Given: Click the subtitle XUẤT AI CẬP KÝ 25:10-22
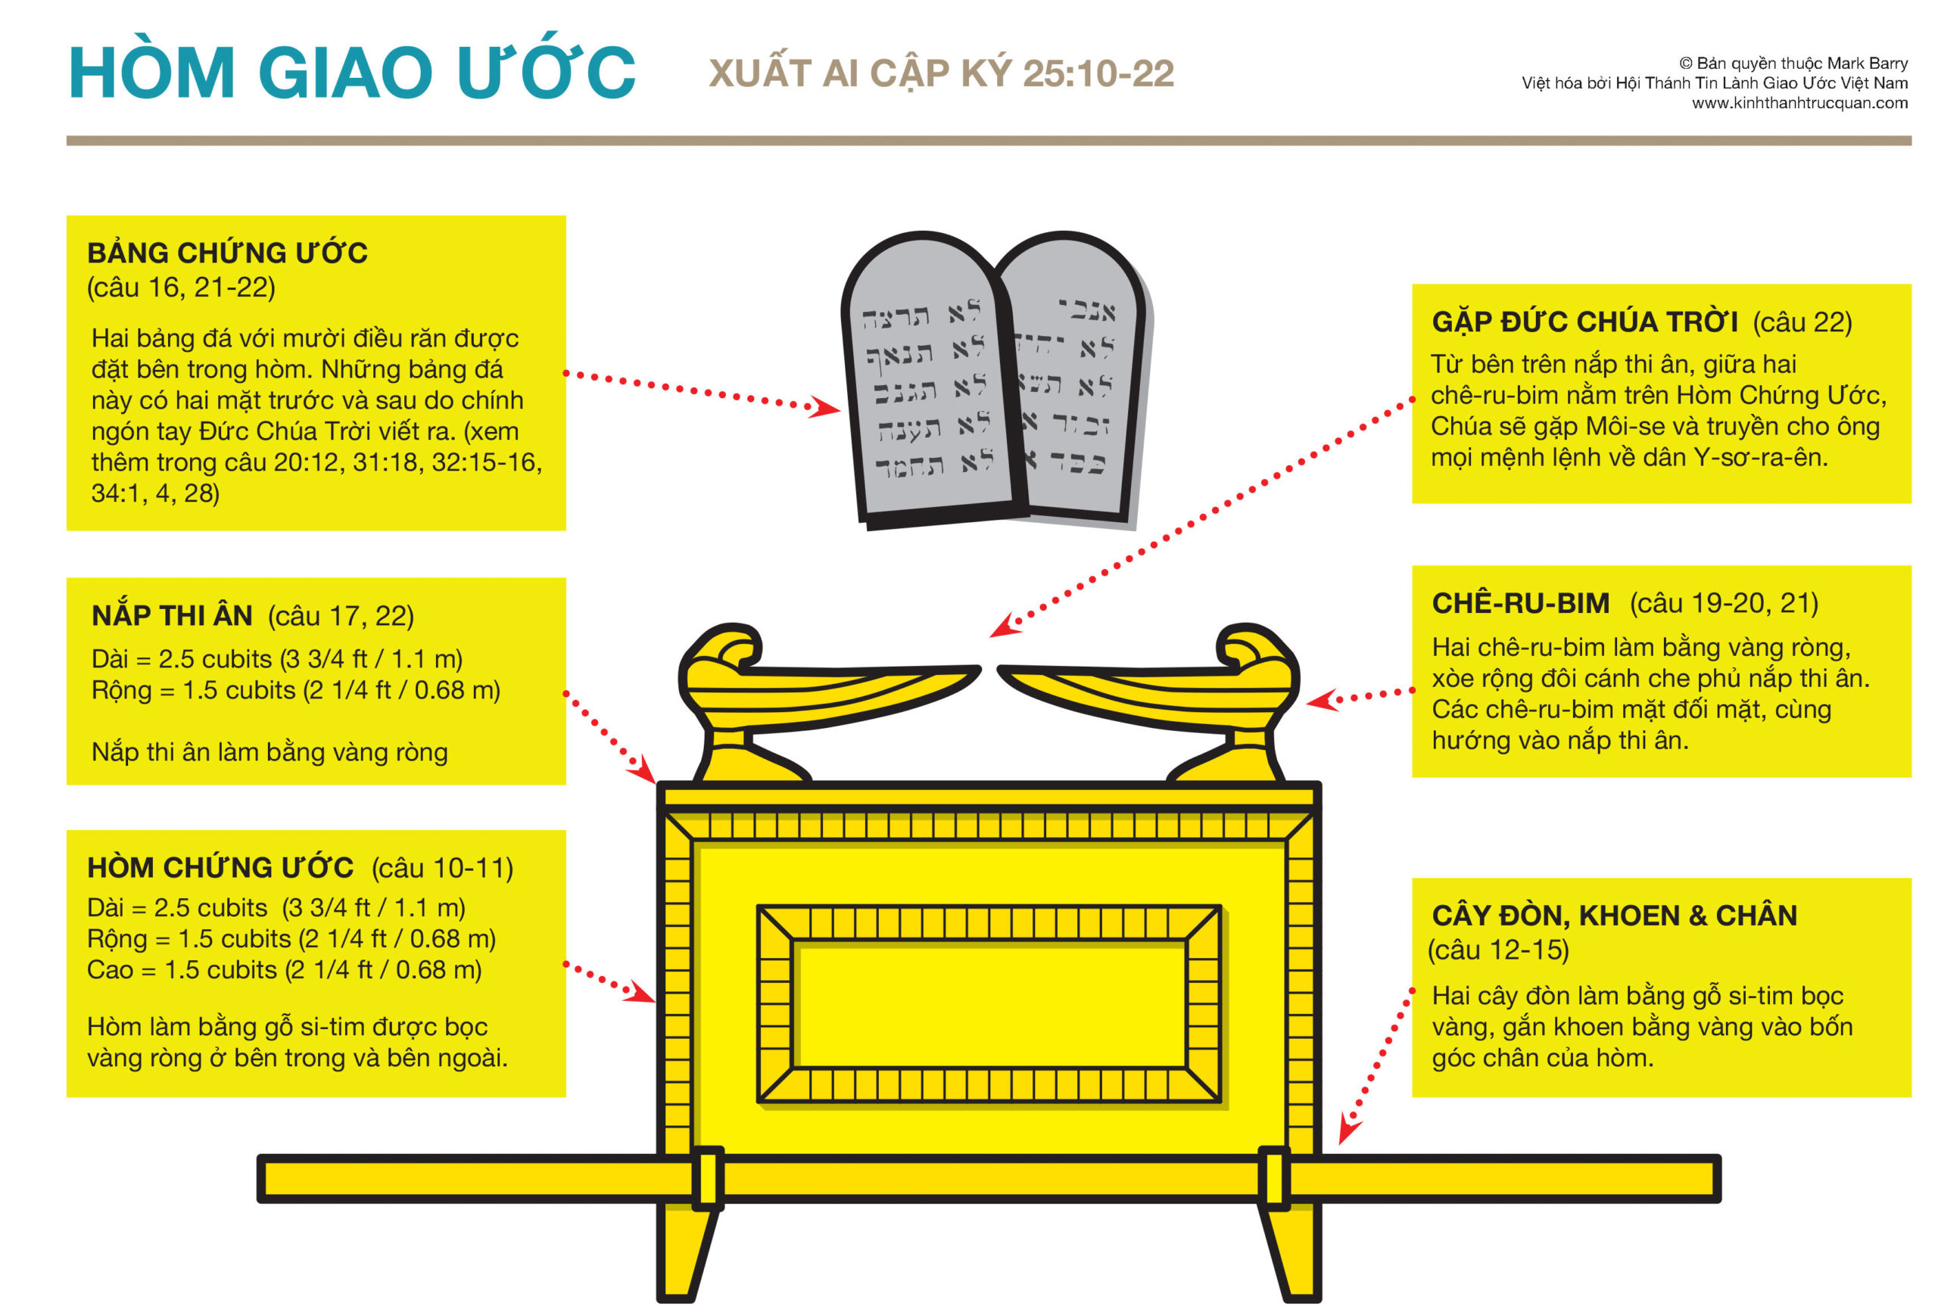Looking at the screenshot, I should click(x=941, y=73).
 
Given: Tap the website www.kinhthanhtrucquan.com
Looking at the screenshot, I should click(x=1799, y=103).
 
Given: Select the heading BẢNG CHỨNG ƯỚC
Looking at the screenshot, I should click(x=226, y=253).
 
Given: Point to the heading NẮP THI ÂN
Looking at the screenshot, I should click(x=172, y=615).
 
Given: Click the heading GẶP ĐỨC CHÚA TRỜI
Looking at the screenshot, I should click(x=1584, y=322).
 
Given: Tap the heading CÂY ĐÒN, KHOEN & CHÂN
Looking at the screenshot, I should click(x=1614, y=916).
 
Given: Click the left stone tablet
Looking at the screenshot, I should click(x=927, y=383).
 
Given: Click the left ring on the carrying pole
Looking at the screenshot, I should click(x=707, y=1177).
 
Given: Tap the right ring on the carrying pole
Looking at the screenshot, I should click(x=1274, y=1177).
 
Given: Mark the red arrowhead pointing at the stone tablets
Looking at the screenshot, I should click(x=825, y=407).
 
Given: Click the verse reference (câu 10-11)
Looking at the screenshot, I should click(x=441, y=868).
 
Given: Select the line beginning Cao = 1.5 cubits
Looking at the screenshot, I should click(x=284, y=969).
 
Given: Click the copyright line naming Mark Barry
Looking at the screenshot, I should click(x=1792, y=64).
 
